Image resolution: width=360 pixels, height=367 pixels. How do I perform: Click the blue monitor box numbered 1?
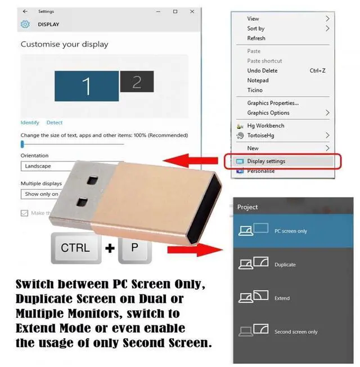86,86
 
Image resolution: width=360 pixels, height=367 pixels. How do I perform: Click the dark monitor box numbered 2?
136,82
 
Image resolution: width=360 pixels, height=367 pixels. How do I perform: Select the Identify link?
30,123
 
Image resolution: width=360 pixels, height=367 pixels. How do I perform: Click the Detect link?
55,123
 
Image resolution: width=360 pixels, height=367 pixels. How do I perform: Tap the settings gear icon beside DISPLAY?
25,24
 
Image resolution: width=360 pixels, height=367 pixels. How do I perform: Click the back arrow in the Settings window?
25,11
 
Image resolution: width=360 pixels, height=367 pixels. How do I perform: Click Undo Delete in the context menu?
262,71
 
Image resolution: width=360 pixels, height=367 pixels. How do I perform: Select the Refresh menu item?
256,38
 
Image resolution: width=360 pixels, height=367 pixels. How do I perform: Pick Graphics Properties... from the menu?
273,103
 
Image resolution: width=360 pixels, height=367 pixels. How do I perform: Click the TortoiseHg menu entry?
262,136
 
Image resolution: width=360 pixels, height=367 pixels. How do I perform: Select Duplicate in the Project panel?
285,265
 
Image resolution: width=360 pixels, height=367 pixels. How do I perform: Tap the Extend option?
282,298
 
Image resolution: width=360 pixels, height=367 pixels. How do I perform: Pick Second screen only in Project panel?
295,332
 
